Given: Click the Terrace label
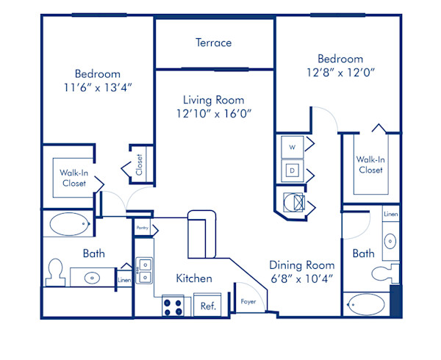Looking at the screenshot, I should [x=213, y=43].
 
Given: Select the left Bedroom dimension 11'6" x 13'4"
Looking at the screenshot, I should [x=97, y=87].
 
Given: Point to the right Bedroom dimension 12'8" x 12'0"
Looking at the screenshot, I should [x=340, y=73].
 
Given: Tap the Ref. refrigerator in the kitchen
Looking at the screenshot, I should [x=208, y=306].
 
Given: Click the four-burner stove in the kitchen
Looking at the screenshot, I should [x=173, y=306].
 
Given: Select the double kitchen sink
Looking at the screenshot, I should [x=144, y=270].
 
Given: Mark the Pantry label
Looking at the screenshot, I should [x=143, y=228].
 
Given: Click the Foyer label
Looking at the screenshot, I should [x=248, y=301].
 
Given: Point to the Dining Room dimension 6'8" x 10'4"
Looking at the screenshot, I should [x=301, y=279].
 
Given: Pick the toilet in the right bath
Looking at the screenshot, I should [x=384, y=273].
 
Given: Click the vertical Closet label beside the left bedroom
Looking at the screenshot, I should [x=140, y=164].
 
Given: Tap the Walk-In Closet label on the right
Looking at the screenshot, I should [x=370, y=164].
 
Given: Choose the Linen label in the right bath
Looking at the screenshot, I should [x=391, y=215].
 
